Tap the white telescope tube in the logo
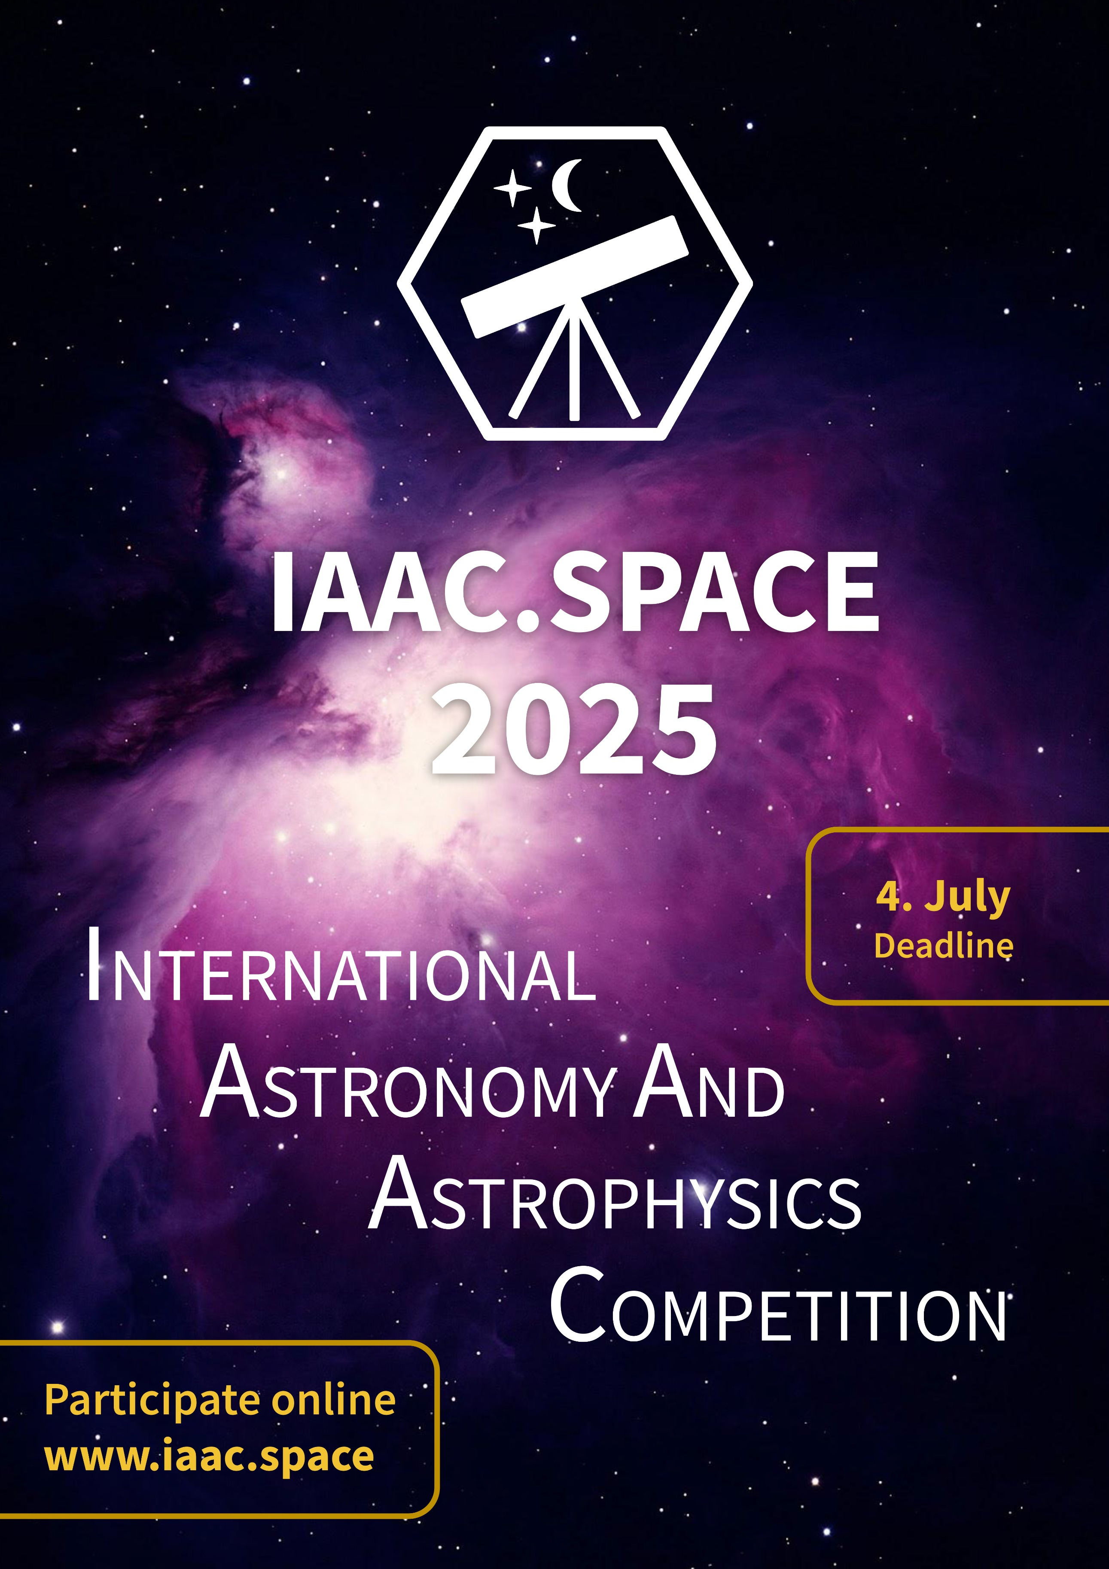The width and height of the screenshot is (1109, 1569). click(x=575, y=277)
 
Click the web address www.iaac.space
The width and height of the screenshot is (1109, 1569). click(x=209, y=1458)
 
